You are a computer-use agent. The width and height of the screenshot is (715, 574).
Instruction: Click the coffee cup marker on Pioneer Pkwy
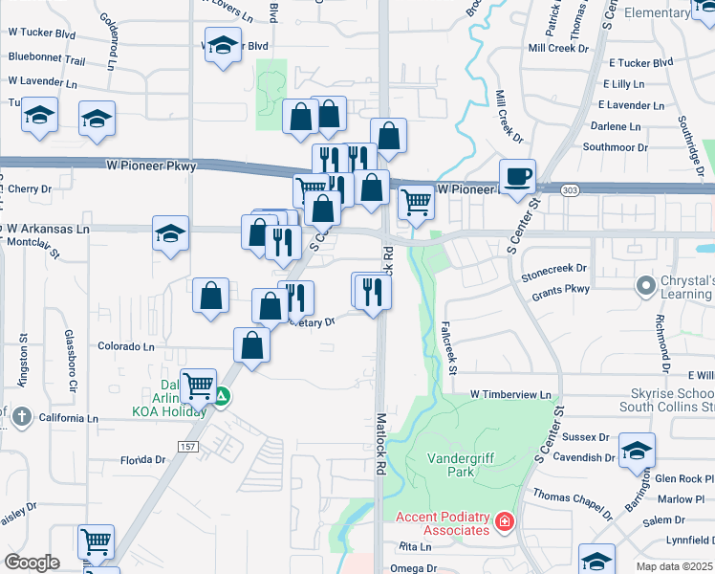[517, 177]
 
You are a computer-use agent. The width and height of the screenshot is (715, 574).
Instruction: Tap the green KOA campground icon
[222, 395]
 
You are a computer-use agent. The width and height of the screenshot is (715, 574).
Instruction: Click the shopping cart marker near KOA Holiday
[198, 387]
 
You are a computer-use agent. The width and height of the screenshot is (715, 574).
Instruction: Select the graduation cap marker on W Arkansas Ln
[170, 234]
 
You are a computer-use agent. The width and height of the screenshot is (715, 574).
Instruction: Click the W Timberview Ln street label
[510, 394]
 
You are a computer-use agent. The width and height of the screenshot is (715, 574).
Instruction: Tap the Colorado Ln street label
[125, 346]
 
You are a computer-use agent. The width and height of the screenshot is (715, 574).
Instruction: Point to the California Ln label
[68, 418]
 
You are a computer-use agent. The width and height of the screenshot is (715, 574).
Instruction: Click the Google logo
[32, 563]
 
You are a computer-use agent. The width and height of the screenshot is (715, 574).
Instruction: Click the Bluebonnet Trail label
[47, 59]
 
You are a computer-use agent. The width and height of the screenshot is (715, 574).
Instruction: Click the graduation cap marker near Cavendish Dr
[637, 452]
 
